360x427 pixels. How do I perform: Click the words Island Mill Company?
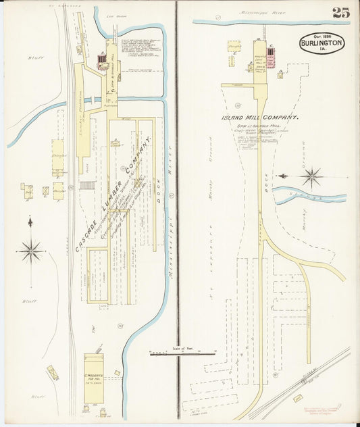[260, 117]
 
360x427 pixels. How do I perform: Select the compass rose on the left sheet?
[30, 251]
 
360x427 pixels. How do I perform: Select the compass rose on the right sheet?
[311, 178]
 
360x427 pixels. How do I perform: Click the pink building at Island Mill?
[270, 59]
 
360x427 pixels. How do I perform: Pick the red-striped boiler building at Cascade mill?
[103, 62]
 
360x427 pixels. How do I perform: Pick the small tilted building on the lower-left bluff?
[52, 372]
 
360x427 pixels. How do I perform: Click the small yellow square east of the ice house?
[117, 372]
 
